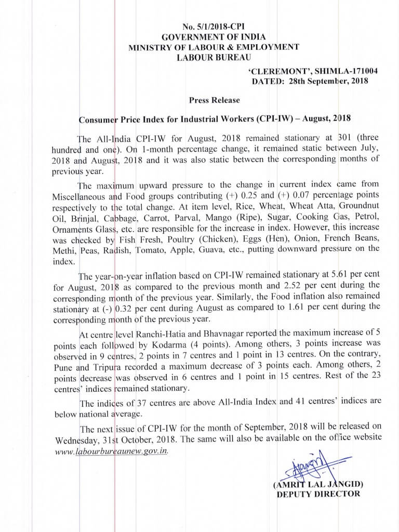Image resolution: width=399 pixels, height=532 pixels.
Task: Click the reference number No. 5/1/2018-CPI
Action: coord(214,26)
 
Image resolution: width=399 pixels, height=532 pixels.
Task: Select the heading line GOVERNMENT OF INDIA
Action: coord(214,37)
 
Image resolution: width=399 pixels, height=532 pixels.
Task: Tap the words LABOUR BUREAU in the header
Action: coord(214,57)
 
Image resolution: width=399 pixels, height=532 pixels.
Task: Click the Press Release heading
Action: coord(207,100)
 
